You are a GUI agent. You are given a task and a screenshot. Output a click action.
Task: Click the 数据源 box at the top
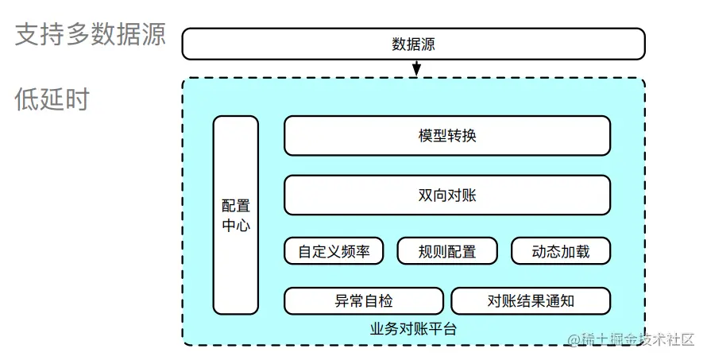413,44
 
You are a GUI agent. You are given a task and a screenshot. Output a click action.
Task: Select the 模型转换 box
447,135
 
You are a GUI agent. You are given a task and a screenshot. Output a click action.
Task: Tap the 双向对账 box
447,195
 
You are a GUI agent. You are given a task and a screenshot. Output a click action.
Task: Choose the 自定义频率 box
334,251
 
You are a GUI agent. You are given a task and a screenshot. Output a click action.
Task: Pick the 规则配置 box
447,251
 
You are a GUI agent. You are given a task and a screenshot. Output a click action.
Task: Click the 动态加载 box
561,251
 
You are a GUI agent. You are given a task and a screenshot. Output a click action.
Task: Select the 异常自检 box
364,301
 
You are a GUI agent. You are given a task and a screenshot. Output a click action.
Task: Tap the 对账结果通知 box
531,301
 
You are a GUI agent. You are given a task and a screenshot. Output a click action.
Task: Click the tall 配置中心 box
236,215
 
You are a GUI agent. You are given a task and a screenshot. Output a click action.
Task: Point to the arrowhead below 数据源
415,73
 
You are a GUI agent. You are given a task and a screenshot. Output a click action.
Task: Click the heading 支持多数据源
90,35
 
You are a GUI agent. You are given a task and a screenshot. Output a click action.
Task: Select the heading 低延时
52,99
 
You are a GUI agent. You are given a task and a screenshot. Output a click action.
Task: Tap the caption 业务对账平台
413,327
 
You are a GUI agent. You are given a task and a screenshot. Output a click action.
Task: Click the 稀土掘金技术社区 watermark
632,339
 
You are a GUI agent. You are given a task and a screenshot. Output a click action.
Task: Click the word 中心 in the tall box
236,225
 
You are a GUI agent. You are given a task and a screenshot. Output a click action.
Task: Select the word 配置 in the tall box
236,206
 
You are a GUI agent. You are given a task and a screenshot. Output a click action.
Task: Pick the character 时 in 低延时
77,99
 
